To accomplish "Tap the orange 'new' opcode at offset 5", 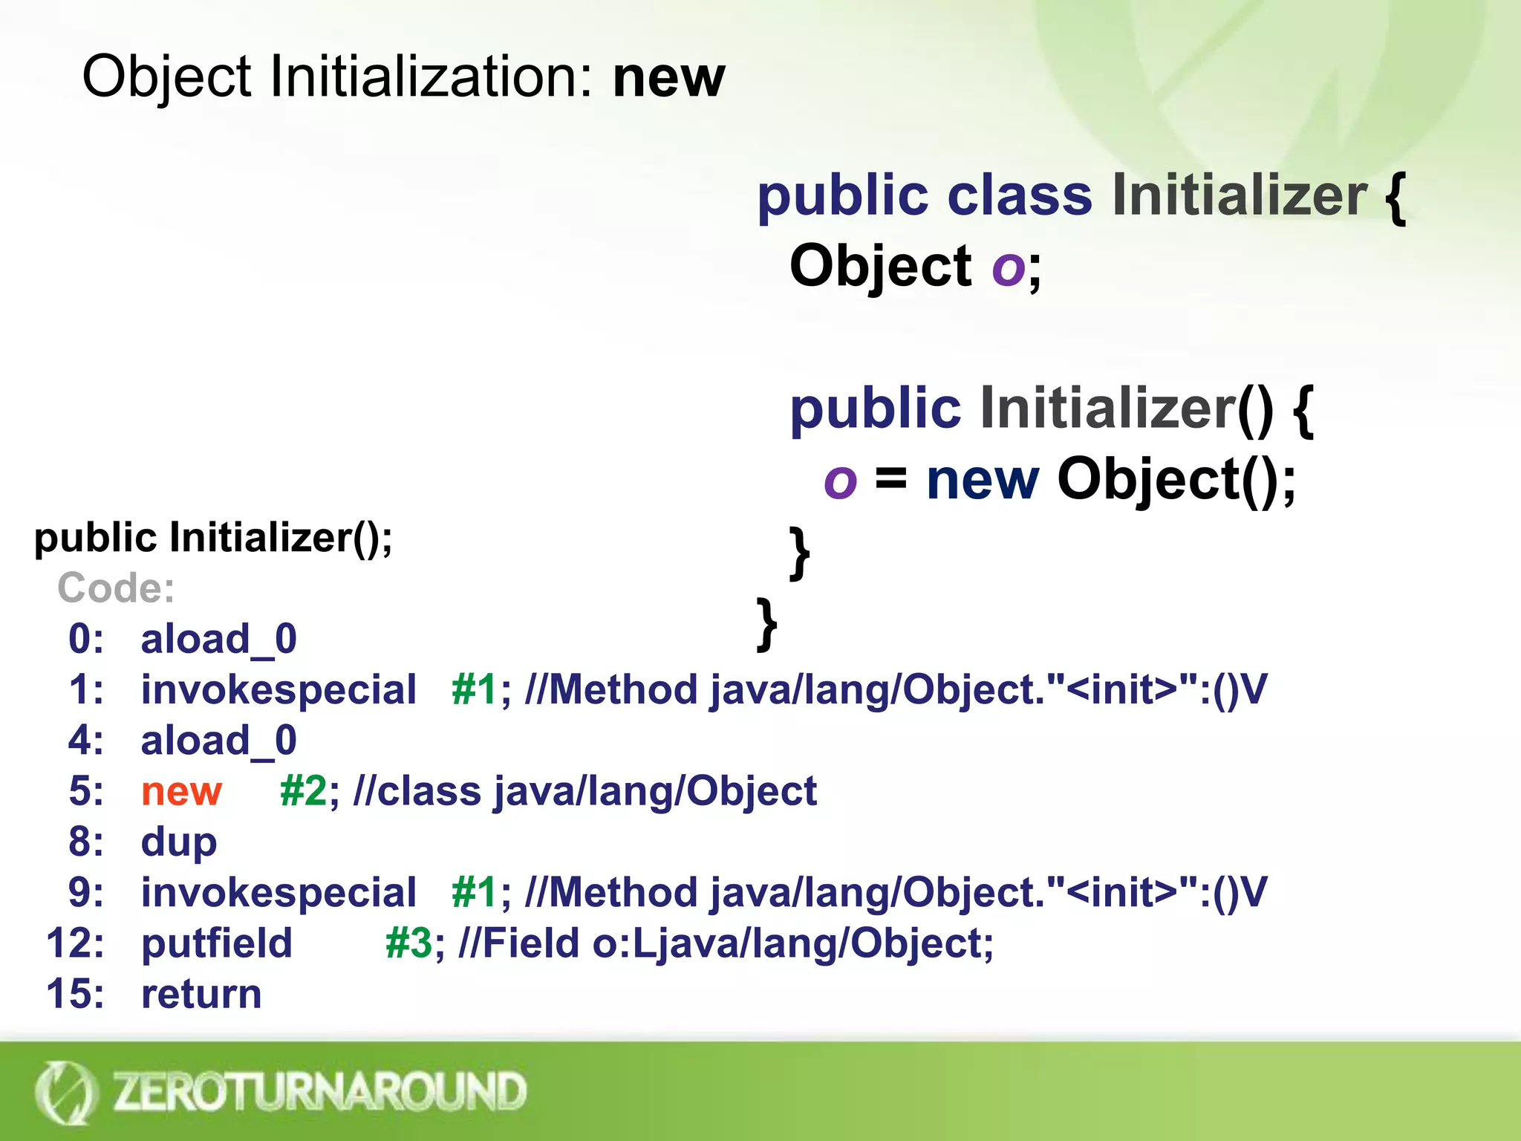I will click(x=181, y=791).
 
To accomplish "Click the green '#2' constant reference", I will click(x=303, y=791).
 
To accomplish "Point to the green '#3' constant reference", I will click(x=408, y=943).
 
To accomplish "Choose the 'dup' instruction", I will click(x=179, y=842).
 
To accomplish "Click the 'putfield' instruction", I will click(x=217, y=943).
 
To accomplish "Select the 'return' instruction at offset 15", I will click(x=201, y=994).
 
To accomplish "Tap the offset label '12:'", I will click(x=75, y=943).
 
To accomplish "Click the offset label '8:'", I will click(x=86, y=842).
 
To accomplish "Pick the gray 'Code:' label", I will click(x=116, y=588).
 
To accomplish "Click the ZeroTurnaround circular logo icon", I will click(x=65, y=1092).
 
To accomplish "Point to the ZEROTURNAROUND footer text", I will click(x=319, y=1091).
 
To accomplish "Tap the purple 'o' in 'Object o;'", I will click(x=1009, y=267).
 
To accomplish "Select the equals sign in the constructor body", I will click(x=891, y=479).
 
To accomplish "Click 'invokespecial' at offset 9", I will click(x=279, y=893).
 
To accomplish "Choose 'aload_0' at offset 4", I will click(x=219, y=741).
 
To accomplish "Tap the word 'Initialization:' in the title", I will click(x=431, y=77).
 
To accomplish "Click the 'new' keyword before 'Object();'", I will click(x=983, y=481).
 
